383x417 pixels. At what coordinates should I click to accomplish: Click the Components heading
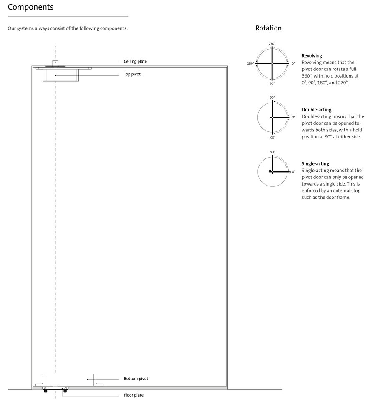pyautogui.click(x=30, y=7)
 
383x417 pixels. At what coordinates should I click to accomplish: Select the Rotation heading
pyautogui.click(x=268, y=28)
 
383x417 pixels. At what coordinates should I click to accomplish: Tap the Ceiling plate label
pyautogui.click(x=135, y=61)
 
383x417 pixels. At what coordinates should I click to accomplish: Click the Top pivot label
pyautogui.click(x=132, y=74)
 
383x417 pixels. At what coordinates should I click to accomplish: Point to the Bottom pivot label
pyautogui.click(x=136, y=379)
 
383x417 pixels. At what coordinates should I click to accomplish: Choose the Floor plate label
pyautogui.click(x=134, y=395)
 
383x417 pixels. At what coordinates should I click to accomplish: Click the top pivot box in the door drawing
pyautogui.click(x=60, y=75)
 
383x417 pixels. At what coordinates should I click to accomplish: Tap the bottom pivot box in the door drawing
pyautogui.click(x=69, y=379)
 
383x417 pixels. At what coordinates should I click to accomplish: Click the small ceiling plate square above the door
pyautogui.click(x=55, y=63)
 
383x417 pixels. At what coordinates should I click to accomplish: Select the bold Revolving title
pyautogui.click(x=312, y=55)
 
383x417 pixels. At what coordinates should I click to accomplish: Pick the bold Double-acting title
pyautogui.click(x=317, y=110)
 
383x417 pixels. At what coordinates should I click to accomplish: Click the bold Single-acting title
pyautogui.click(x=315, y=163)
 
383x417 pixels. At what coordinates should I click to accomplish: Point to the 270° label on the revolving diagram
pyautogui.click(x=272, y=44)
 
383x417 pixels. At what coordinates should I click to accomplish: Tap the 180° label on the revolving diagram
pyautogui.click(x=250, y=63)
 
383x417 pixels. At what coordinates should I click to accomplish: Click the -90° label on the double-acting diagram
pyautogui.click(x=272, y=138)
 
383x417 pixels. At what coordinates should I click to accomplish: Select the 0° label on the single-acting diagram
pyautogui.click(x=294, y=172)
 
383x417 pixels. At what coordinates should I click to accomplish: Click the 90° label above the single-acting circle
pyautogui.click(x=272, y=152)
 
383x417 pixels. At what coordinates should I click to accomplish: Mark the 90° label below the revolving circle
pyautogui.click(x=272, y=83)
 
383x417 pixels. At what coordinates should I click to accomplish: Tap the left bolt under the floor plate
pyautogui.click(x=45, y=391)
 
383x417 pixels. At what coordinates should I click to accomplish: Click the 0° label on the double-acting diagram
pyautogui.click(x=293, y=117)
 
